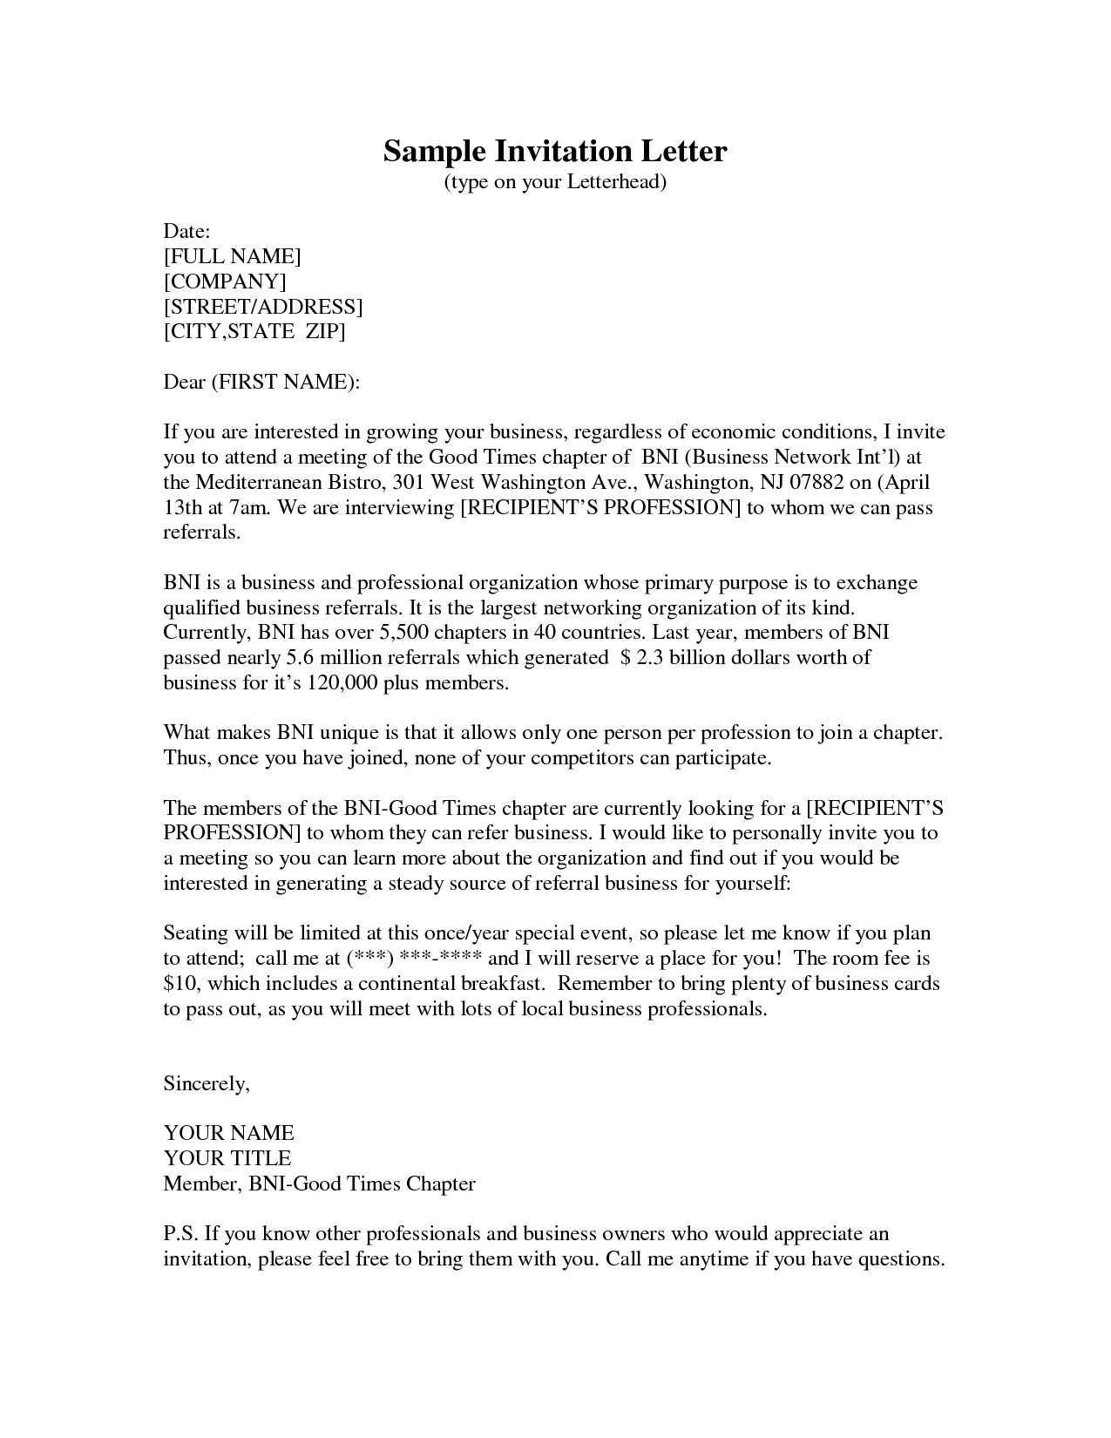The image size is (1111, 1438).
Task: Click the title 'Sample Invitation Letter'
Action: click(x=555, y=152)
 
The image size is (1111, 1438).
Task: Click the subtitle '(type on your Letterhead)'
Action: click(x=555, y=182)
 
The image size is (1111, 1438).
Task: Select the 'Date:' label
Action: click(x=187, y=231)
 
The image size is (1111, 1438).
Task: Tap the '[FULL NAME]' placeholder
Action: click(x=232, y=256)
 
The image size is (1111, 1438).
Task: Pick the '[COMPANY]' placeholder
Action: click(x=225, y=281)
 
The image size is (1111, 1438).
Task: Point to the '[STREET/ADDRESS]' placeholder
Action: click(x=263, y=307)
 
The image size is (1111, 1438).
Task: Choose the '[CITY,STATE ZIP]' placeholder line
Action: click(x=254, y=332)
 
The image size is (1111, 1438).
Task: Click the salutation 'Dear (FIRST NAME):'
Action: click(x=261, y=382)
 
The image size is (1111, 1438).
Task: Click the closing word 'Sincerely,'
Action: click(x=207, y=1083)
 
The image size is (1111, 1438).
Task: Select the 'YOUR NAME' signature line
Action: click(x=229, y=1133)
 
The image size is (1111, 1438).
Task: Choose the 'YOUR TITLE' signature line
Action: click(x=227, y=1158)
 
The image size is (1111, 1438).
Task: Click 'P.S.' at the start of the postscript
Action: click(x=182, y=1234)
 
